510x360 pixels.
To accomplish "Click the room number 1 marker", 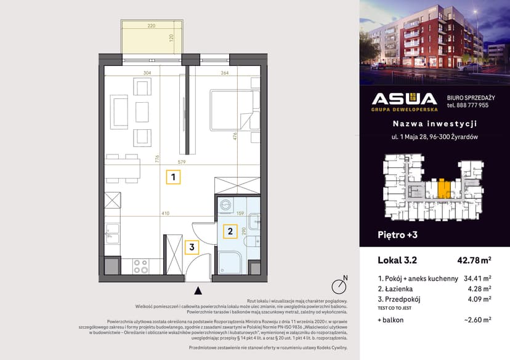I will (x=174, y=178).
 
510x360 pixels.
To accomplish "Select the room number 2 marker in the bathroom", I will (x=229, y=231).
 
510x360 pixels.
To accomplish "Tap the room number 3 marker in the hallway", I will (x=192, y=247).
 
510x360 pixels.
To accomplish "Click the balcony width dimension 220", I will (x=152, y=26).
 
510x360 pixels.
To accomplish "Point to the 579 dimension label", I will (x=182, y=162).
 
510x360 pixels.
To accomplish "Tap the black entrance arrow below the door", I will (x=198, y=290).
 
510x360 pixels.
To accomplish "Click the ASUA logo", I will (x=404, y=100).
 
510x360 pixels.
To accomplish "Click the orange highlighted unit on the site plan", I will (x=443, y=187).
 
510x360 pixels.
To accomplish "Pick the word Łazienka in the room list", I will (x=403, y=289).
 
